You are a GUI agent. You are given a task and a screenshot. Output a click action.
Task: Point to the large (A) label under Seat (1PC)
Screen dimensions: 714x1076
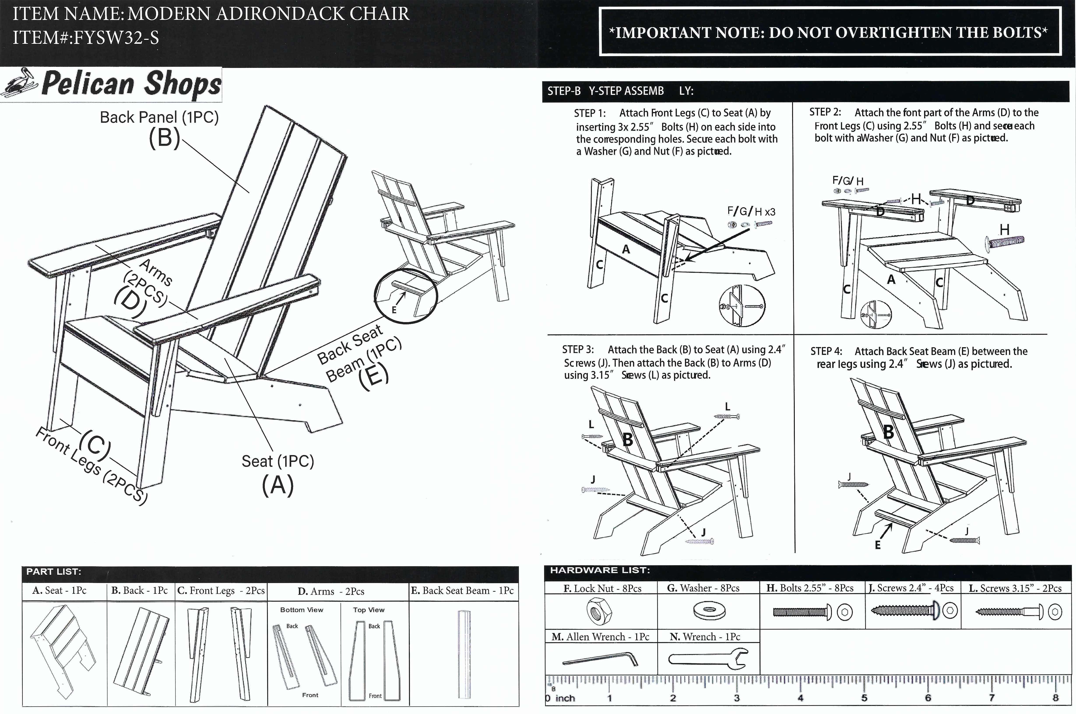point(278,485)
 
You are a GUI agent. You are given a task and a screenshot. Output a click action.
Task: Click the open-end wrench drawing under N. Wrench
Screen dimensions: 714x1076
point(708,658)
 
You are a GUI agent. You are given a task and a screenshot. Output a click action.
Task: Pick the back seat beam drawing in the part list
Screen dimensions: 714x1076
point(464,655)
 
